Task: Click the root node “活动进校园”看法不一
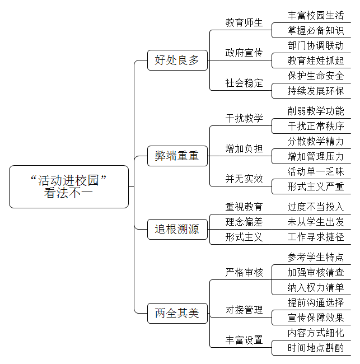click(69, 186)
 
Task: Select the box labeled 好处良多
click(177, 60)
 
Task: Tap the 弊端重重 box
click(177, 156)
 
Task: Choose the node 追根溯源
click(177, 229)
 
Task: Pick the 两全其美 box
click(177, 313)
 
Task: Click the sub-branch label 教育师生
click(244, 23)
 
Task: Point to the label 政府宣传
click(244, 53)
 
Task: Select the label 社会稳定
click(244, 83)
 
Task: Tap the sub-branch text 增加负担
click(244, 148)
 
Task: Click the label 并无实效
click(244, 179)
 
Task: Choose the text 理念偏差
click(244, 222)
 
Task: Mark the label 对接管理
click(244, 310)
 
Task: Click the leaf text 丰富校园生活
click(316, 16)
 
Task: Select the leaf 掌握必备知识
click(316, 31)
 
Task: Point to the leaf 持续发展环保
click(316, 91)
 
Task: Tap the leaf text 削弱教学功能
click(316, 111)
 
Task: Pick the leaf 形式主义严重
click(316, 186)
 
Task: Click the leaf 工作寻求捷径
click(316, 237)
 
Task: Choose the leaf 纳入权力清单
click(316, 287)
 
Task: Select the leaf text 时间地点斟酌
click(316, 348)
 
